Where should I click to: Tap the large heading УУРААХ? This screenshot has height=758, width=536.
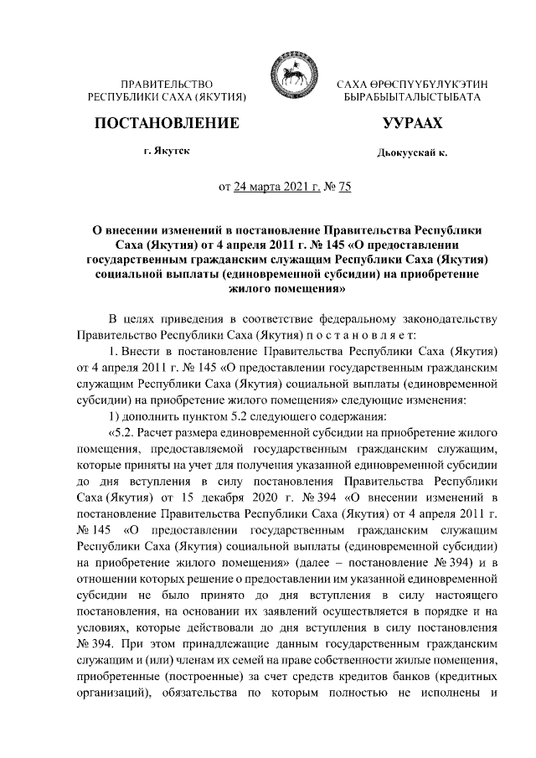coord(412,123)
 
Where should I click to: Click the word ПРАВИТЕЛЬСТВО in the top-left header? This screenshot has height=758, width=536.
coord(166,85)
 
